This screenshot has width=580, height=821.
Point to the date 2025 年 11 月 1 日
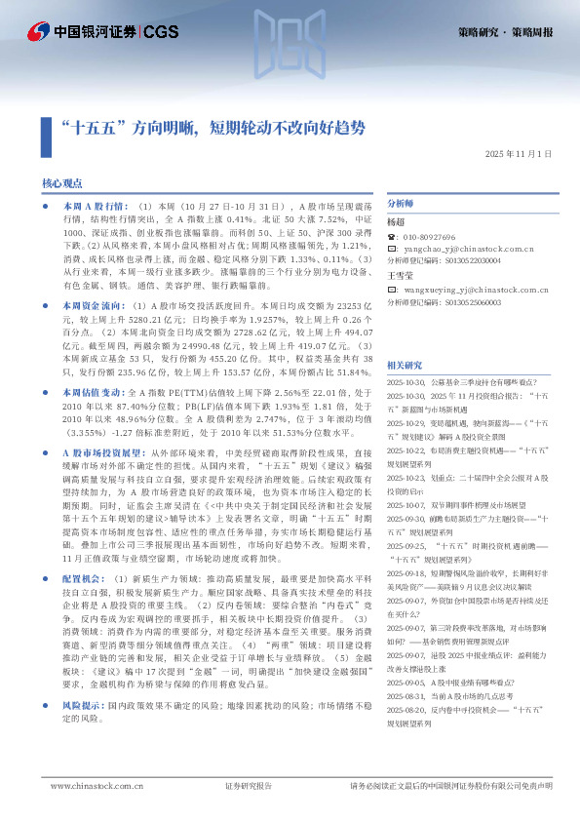pyautogui.click(x=518, y=154)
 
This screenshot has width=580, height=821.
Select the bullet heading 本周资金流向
pyautogui.click(x=94, y=306)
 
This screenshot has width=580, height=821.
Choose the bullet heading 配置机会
pyautogui.click(x=83, y=578)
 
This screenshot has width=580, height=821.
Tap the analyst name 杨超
pyautogui.click(x=396, y=223)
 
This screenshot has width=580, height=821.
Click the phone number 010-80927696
pyautogui.click(x=429, y=237)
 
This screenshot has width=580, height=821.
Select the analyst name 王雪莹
pyautogui.click(x=401, y=276)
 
